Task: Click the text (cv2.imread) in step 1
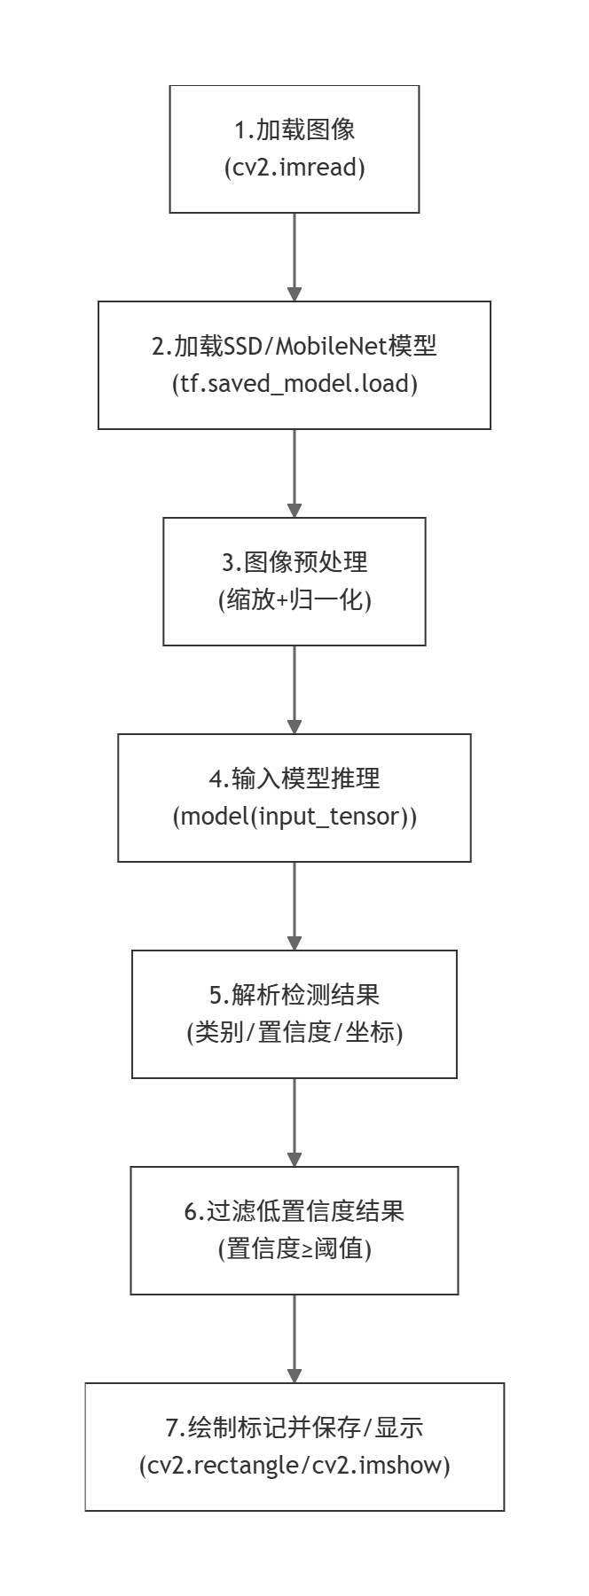[x=294, y=168]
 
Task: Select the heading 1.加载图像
[x=294, y=129]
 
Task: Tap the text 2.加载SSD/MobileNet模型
[x=294, y=346]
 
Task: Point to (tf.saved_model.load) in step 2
[x=294, y=384]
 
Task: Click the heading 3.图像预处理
[x=294, y=562]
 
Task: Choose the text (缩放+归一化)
[x=294, y=600]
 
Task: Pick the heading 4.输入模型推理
[x=294, y=778]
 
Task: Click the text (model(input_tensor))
[x=294, y=817]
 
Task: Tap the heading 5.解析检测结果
[x=294, y=995]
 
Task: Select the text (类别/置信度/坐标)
[x=294, y=1033]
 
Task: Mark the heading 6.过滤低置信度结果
[x=294, y=1211]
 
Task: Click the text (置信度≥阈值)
[x=294, y=1249]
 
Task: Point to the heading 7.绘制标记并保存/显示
[x=294, y=1428]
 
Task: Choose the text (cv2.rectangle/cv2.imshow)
[x=294, y=1466]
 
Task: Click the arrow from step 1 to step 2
[x=294, y=257]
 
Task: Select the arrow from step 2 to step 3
[x=294, y=473]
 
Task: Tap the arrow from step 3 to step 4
[x=294, y=690]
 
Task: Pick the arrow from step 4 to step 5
[x=294, y=906]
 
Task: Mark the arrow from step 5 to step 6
[x=294, y=1123]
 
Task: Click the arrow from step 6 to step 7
[x=294, y=1339]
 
